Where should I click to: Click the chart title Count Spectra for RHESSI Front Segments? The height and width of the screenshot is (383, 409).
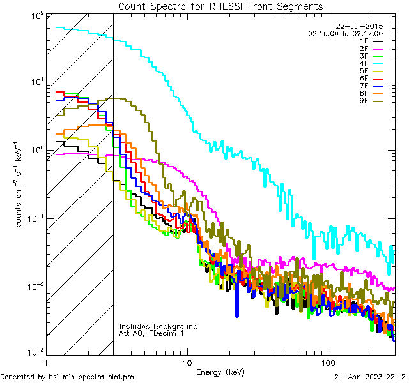220,6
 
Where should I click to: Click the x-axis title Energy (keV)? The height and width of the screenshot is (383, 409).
220,372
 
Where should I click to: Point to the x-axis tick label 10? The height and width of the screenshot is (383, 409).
187,363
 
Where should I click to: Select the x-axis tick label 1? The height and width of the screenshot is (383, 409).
47,363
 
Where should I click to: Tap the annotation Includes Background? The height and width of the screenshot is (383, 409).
158,326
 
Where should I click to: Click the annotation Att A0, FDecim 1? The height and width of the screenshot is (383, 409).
151,333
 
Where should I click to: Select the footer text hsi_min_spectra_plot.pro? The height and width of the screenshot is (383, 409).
91,377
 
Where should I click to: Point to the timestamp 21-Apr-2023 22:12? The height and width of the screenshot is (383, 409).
370,377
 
